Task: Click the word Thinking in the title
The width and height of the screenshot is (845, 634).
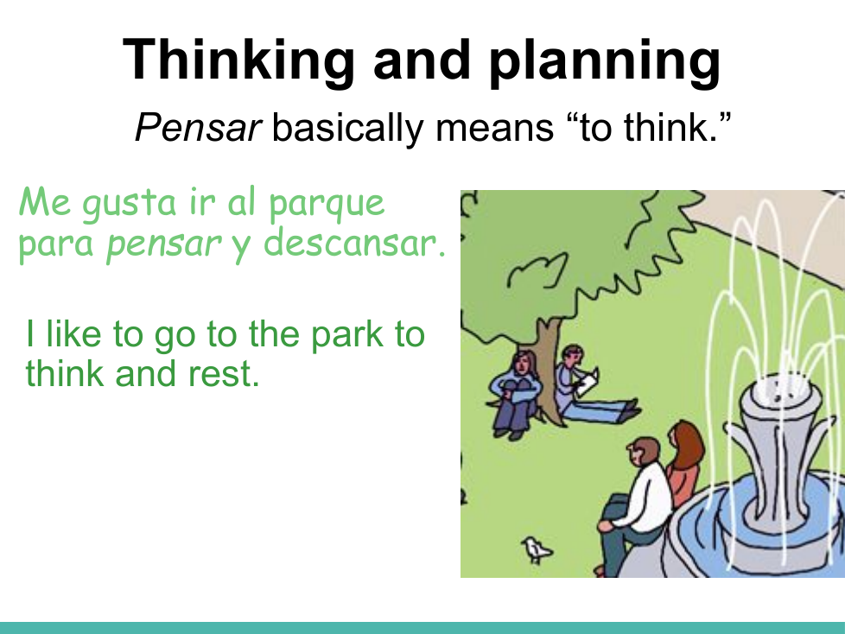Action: click(x=238, y=60)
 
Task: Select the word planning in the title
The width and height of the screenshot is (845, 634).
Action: click(x=605, y=60)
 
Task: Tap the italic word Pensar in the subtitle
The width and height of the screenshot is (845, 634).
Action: click(x=198, y=128)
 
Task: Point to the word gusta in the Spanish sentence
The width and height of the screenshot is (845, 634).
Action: click(x=130, y=204)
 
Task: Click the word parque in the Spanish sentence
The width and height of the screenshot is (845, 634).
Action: click(x=327, y=205)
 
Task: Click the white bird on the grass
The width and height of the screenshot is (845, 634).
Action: click(x=537, y=550)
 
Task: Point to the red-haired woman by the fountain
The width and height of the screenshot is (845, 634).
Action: click(x=683, y=463)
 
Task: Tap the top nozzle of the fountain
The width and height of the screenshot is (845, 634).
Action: click(x=781, y=389)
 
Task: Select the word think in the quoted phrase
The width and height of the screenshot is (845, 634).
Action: click(x=670, y=128)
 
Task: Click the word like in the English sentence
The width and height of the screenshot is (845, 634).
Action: click(x=73, y=334)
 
